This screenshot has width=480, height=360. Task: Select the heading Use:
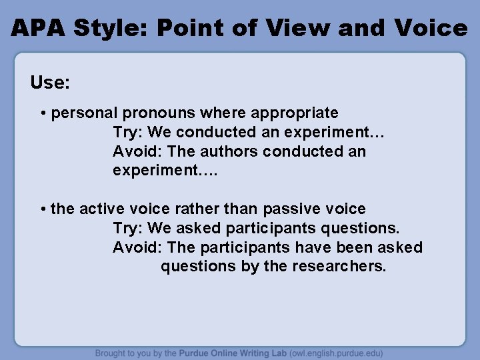pyautogui.click(x=50, y=83)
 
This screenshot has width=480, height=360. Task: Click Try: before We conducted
pyautogui.click(x=128, y=133)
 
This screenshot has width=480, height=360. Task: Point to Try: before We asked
pyautogui.click(x=128, y=229)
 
